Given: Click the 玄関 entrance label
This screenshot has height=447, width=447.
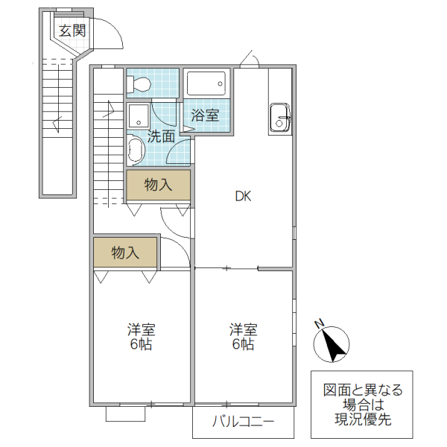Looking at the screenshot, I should (72, 31).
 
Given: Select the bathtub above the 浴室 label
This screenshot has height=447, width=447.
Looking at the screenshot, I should (208, 84).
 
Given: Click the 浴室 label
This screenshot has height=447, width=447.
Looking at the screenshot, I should (205, 115).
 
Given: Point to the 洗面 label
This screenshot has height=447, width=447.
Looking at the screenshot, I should (160, 136).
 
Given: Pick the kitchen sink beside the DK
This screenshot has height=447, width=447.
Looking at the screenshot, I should (280, 118).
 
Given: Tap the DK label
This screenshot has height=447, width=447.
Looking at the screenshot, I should (243, 197).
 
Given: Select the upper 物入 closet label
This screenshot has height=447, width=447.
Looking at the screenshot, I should (158, 185).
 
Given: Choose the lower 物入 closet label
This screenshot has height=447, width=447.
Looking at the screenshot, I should (125, 253).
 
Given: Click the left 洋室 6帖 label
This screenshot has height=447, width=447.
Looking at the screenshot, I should (141, 337).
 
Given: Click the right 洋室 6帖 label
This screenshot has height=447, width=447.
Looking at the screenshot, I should (243, 337).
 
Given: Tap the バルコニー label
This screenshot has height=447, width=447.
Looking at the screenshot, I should (243, 422).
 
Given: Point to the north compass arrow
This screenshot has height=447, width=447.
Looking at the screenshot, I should (334, 344).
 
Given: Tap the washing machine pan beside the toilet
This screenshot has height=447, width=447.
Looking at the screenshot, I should (138, 115).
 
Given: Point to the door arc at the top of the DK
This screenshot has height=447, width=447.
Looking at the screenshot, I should (251, 59).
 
